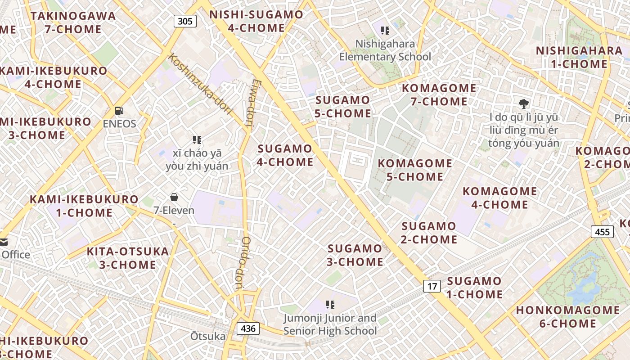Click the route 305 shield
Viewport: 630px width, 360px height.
click(x=185, y=21)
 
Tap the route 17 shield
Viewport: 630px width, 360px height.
click(x=432, y=286)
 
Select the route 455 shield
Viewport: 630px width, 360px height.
click(x=602, y=232)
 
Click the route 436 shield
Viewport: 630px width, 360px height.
click(x=248, y=328)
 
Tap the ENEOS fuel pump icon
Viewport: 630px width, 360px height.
click(x=119, y=110)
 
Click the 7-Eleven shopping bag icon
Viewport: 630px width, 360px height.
click(x=174, y=197)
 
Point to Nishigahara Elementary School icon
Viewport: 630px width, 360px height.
click(x=385, y=31)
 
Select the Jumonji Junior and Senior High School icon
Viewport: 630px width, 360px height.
click(x=330, y=305)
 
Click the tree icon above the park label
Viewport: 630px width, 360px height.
click(x=523, y=104)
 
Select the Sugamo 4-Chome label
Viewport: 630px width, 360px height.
click(x=285, y=155)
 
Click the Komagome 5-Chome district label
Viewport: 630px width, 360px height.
click(x=415, y=170)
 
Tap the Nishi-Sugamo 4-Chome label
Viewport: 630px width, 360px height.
click(x=256, y=21)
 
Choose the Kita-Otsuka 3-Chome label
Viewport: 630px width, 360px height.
click(x=128, y=258)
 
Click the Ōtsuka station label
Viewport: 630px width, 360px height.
click(x=208, y=337)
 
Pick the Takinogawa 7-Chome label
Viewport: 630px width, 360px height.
click(x=73, y=22)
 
